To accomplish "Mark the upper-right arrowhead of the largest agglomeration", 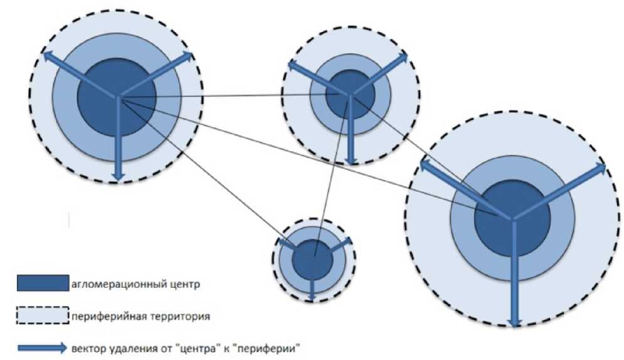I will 601,168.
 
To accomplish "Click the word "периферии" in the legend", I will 280,347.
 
